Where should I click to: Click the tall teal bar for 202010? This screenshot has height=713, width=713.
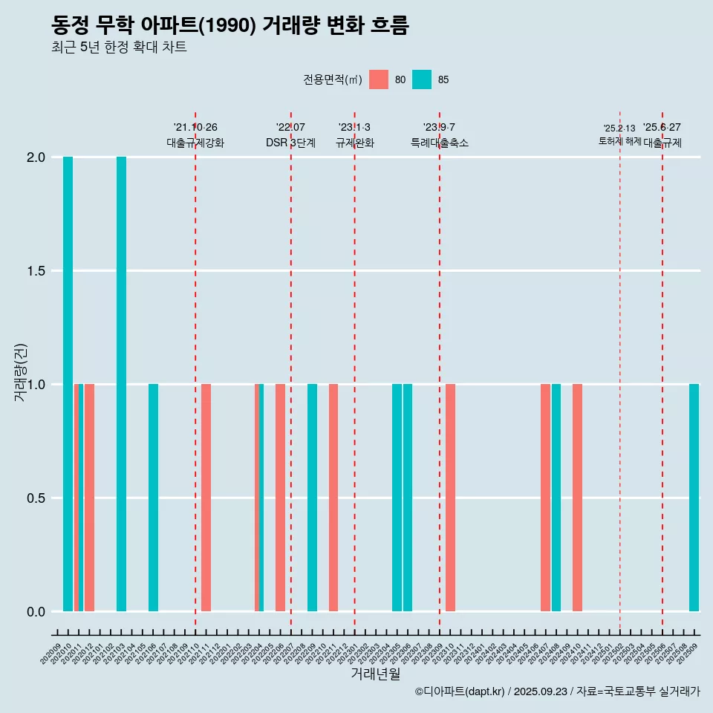68,384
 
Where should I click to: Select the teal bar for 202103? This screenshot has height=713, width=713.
121,384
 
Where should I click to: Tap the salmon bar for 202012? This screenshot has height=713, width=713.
89,498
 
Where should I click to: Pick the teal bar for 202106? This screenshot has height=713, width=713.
153,498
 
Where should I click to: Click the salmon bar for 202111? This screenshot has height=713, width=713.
206,498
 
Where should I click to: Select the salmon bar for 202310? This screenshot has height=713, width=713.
450,498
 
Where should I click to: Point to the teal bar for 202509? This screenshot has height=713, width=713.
694,498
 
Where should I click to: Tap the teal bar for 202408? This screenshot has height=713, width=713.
556,498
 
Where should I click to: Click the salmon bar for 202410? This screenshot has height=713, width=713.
577,498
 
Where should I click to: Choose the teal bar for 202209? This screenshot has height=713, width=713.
312,498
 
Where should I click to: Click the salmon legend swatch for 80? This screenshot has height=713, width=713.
379,79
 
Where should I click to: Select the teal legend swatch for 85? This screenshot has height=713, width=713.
422,79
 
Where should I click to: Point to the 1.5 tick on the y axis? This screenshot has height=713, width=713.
35,271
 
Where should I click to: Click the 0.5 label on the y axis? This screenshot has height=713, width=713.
35,498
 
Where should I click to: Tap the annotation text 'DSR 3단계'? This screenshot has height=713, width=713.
290,143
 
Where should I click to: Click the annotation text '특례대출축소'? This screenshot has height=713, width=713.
440,143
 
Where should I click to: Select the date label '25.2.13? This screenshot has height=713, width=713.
619,128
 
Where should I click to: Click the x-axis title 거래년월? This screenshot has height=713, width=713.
375,674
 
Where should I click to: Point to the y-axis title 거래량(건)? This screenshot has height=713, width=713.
21,372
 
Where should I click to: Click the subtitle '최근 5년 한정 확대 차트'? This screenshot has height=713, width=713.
119,48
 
